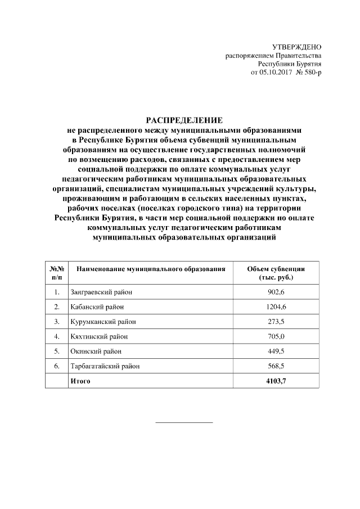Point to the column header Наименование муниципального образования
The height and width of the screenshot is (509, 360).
click(x=151, y=269)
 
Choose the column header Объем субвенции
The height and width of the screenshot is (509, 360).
click(x=276, y=273)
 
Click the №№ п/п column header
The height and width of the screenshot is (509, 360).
click(x=57, y=273)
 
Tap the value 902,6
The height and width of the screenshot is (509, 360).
click(x=276, y=292)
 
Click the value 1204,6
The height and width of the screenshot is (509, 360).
click(x=276, y=307)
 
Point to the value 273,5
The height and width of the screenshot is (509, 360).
click(x=276, y=322)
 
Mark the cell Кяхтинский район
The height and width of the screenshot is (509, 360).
click(x=99, y=337)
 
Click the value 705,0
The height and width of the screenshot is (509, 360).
click(x=276, y=337)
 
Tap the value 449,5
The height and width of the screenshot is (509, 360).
click(x=276, y=352)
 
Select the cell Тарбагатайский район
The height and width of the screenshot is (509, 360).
click(x=105, y=366)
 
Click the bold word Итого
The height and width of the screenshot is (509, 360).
click(x=80, y=381)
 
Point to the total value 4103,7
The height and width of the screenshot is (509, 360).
click(x=276, y=381)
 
